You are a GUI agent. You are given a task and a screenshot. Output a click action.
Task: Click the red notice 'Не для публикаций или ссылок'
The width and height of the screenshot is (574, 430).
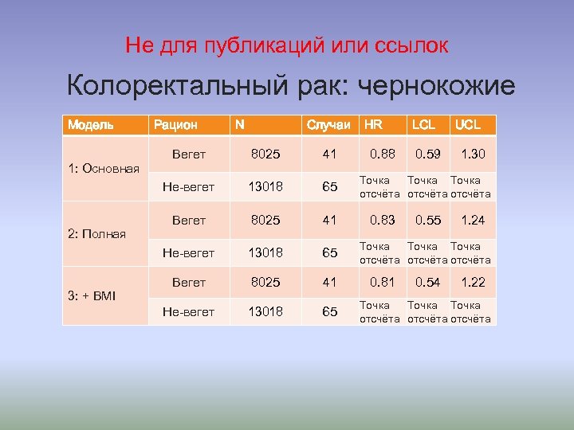[x=287, y=45]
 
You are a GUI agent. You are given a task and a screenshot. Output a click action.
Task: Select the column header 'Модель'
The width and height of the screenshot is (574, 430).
[x=90, y=124]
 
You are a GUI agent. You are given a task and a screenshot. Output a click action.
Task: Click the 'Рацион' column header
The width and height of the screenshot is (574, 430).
[x=175, y=124]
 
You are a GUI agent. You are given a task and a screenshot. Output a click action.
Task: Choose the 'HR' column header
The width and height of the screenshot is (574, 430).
[x=373, y=124]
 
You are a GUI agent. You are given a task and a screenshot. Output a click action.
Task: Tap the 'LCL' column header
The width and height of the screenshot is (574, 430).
[x=423, y=124]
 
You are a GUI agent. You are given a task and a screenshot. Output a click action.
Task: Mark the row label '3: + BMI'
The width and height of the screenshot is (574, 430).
[x=92, y=295]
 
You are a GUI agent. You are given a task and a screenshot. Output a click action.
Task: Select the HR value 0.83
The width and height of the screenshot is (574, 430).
[x=380, y=220]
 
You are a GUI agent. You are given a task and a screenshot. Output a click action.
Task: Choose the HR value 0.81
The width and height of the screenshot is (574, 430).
[x=380, y=282]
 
